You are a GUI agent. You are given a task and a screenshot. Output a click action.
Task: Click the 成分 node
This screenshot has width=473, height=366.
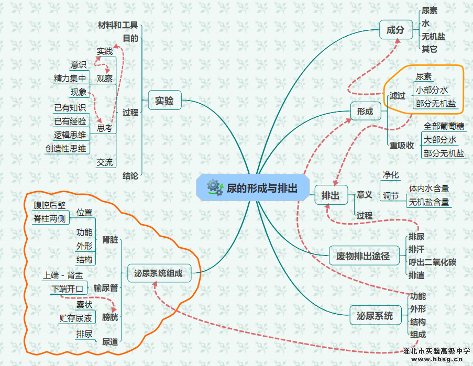click(x=395, y=30)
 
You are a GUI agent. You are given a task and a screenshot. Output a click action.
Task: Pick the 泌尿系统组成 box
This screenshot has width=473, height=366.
click(x=158, y=273)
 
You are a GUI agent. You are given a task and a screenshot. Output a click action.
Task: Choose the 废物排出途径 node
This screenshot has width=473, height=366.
click(x=362, y=256)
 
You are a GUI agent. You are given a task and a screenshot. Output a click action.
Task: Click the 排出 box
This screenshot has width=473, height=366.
click(x=331, y=196)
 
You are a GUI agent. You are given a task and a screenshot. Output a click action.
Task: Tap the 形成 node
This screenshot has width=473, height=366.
click(x=365, y=111)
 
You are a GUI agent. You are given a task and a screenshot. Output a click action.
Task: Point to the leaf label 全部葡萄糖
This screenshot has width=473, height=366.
click(x=444, y=126)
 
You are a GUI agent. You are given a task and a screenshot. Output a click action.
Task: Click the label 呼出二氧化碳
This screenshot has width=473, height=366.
click(x=432, y=262)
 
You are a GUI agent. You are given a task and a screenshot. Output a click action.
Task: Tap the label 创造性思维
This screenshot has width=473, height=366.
click(x=66, y=149)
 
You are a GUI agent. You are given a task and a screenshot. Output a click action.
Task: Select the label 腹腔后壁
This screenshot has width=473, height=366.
click(x=50, y=205)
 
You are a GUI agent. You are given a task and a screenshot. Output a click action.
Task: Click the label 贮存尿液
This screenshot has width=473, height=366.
click(x=76, y=318)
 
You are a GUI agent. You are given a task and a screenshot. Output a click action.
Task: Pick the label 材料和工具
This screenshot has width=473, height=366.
click(x=118, y=25)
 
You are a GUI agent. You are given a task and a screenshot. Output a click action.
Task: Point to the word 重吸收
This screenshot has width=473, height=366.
click(x=402, y=146)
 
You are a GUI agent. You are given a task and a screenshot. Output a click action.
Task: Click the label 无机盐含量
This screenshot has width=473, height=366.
click(x=429, y=202)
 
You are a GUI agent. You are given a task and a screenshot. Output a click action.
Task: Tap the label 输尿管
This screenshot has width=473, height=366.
click(x=106, y=287)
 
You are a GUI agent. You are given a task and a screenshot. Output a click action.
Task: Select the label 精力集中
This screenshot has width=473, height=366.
click(x=70, y=79)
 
